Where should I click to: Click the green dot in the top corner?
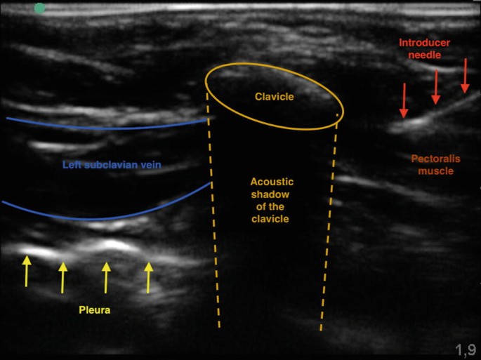coord(40,8)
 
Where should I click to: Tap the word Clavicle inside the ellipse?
coord(274,97)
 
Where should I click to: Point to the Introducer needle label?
coord(424,49)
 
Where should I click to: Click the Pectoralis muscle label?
coord(435,165)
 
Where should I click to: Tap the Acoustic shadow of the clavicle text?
coord(272,200)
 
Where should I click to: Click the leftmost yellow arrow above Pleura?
coord(27,270)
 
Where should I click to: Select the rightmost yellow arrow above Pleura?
coord(148,277)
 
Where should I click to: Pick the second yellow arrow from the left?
coord(62,276)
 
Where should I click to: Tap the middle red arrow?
coord(435,87)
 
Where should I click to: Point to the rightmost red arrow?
coord(465,76)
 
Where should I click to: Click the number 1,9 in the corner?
coord(465,349)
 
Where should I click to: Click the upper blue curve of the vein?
coord(105,128)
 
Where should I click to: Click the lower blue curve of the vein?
coord(105,217)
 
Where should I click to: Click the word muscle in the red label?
coord(435,171)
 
